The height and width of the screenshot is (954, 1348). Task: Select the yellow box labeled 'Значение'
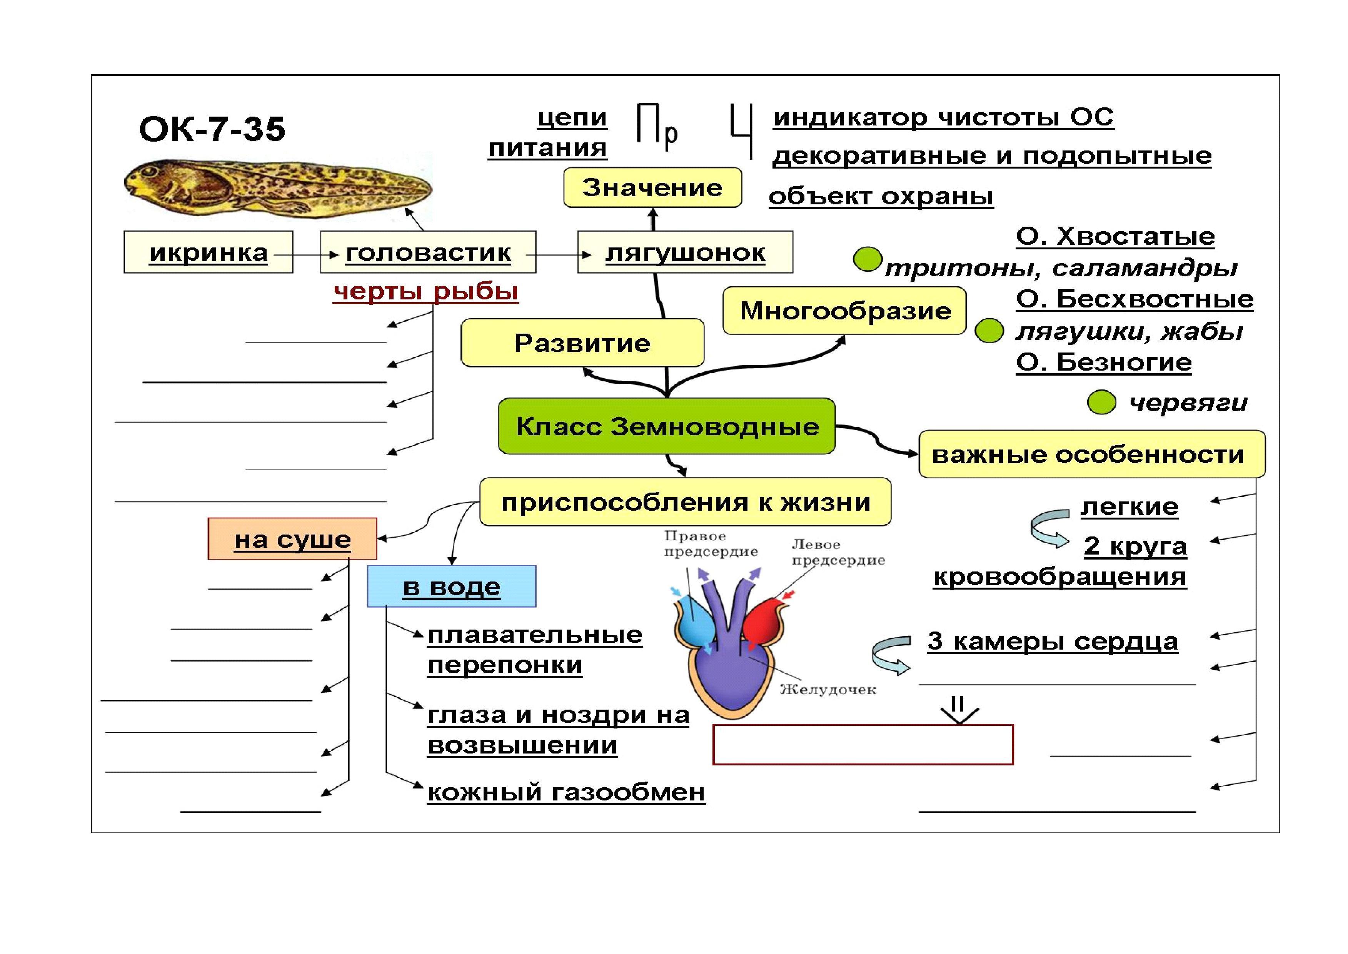[x=652, y=188]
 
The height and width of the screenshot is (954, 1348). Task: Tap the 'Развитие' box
[x=582, y=343]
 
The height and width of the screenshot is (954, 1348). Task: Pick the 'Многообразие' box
[x=844, y=311]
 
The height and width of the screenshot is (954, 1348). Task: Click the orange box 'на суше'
[x=292, y=539]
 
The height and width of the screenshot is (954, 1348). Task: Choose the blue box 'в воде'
[x=452, y=586]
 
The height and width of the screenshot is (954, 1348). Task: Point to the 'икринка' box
[x=209, y=252]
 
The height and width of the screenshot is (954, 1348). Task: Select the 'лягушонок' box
[x=685, y=252]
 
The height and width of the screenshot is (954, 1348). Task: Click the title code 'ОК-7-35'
[x=212, y=129]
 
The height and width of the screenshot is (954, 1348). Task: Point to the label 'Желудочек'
[x=828, y=690]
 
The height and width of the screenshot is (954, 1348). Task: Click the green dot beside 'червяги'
[x=1101, y=403]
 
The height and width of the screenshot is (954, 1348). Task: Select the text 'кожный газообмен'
[x=566, y=792]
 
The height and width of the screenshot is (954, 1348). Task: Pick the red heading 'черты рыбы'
[x=425, y=291]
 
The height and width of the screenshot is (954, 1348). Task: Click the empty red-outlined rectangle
[x=863, y=744]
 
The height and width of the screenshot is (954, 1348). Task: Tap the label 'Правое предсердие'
[x=711, y=544]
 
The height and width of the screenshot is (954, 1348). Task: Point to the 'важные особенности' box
[x=1091, y=454]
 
